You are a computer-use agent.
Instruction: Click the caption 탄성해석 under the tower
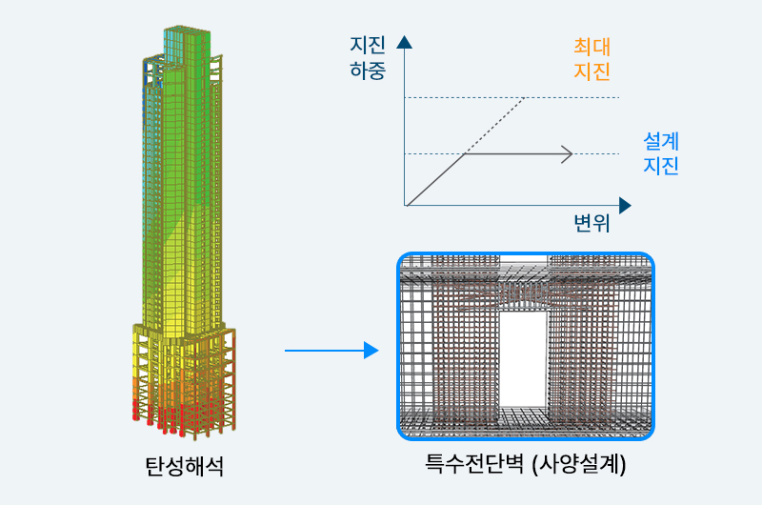(184, 466)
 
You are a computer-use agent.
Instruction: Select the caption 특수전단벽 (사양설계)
(526, 464)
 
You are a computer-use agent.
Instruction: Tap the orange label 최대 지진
(592, 59)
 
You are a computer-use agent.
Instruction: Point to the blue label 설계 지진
(661, 153)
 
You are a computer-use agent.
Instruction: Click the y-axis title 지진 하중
(368, 58)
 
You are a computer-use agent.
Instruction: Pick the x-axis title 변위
(592, 223)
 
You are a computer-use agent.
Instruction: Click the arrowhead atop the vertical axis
(404, 42)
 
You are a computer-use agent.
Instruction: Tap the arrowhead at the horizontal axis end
(625, 206)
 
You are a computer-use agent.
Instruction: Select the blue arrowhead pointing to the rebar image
(371, 351)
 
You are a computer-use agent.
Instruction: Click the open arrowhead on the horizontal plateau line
(568, 154)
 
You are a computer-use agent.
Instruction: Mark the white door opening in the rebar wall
(523, 358)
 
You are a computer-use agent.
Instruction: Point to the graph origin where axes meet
(405, 206)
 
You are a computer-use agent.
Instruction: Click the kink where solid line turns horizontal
(465, 154)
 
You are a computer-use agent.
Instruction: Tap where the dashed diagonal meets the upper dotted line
(524, 98)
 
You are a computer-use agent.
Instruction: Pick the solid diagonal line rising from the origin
(435, 180)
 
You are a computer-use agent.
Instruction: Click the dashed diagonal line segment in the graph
(494, 126)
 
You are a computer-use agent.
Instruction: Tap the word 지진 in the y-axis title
(368, 45)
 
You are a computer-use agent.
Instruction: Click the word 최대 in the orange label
(592, 47)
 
